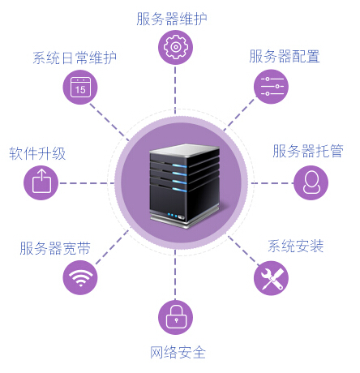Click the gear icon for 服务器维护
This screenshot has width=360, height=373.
tap(175, 47)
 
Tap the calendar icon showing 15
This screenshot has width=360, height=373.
tap(80, 87)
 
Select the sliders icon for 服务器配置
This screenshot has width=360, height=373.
tap(271, 87)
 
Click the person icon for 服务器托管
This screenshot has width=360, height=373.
tap(311, 182)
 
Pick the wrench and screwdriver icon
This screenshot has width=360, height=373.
tap(271, 278)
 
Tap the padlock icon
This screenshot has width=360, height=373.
tap(175, 317)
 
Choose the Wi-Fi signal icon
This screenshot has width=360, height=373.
tap(80, 277)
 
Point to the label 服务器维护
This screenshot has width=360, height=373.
tap(172, 19)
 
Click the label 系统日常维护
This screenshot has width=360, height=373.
tap(75, 58)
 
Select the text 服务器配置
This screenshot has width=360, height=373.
tap(285, 56)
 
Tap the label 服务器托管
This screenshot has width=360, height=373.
tap(308, 151)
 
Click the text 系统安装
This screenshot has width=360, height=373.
tap(296, 246)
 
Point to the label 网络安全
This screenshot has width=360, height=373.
tap(178, 353)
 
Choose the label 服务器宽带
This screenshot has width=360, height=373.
tap(55, 248)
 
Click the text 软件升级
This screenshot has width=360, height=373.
tap(37, 153)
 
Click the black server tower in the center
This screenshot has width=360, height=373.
tap(185, 186)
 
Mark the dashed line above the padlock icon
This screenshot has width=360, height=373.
tap(175, 275)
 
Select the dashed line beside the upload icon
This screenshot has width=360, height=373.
tap(87, 183)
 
